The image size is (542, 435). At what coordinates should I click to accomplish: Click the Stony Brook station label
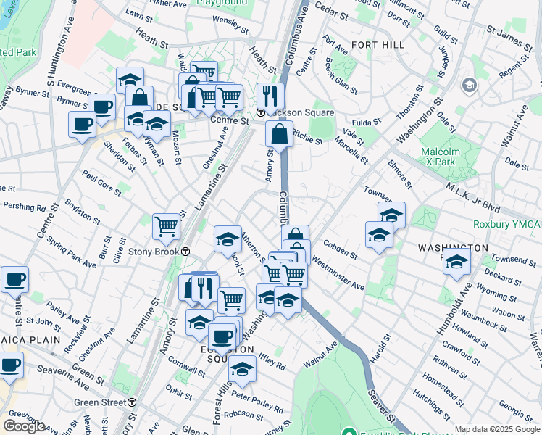(x=154, y=252)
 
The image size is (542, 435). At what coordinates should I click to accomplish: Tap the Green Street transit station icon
(x=132, y=402)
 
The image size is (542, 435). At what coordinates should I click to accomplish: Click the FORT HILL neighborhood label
(x=377, y=45)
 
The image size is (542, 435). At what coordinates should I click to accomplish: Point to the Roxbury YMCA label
(x=506, y=224)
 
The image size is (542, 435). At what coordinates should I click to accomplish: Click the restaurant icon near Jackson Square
(x=270, y=96)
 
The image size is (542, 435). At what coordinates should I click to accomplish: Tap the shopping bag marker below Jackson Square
(x=279, y=134)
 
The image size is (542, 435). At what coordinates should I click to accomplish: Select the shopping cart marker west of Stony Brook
(x=166, y=226)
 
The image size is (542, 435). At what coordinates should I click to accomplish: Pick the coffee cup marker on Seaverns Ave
(x=10, y=365)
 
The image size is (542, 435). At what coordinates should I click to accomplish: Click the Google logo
(x=24, y=426)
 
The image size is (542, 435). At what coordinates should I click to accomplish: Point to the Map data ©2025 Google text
(x=497, y=429)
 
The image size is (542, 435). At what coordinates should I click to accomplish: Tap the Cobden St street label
(x=340, y=250)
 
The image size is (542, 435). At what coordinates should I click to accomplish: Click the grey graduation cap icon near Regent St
(x=469, y=86)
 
